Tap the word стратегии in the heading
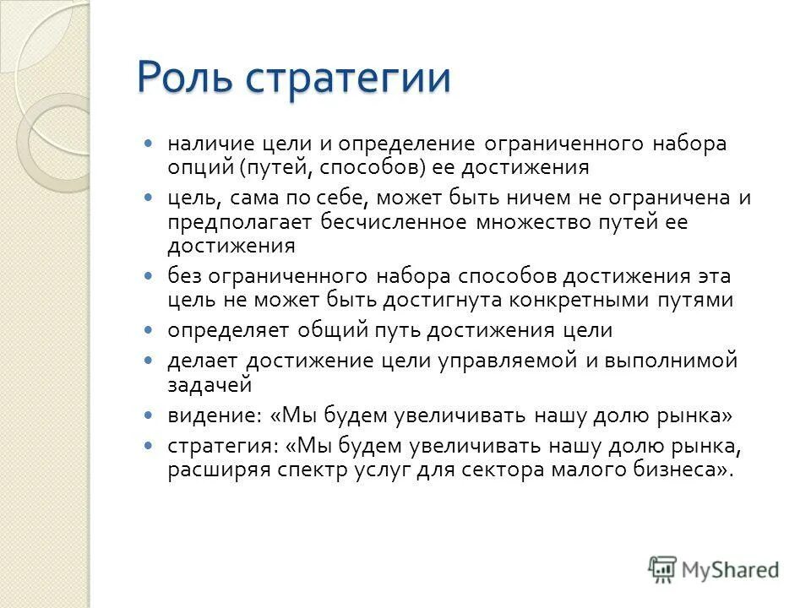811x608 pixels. (348, 80)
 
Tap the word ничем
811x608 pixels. (569, 198)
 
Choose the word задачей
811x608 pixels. (210, 384)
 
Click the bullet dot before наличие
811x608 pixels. (150, 144)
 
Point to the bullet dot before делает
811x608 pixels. (150, 361)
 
